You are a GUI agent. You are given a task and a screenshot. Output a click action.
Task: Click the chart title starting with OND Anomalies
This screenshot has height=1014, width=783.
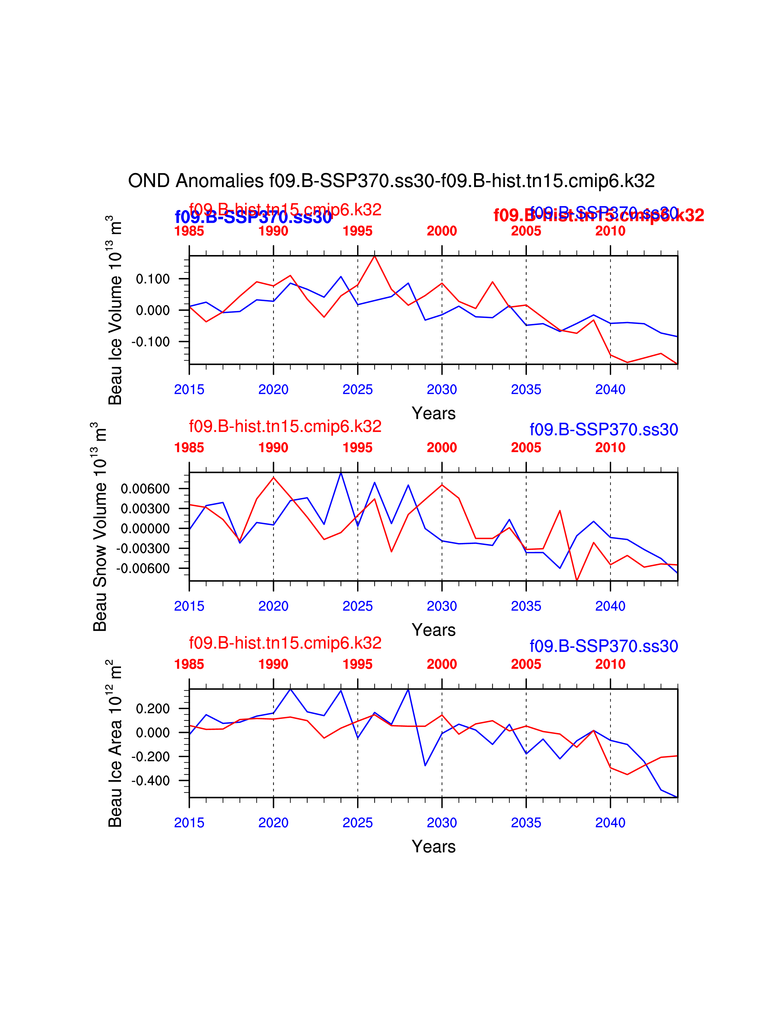pyautogui.click(x=391, y=181)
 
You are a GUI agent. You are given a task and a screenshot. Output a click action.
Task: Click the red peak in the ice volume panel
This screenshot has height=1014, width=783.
pyautogui.click(x=374, y=256)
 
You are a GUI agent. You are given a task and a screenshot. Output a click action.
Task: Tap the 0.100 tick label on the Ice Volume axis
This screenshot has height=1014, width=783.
pyautogui.click(x=153, y=279)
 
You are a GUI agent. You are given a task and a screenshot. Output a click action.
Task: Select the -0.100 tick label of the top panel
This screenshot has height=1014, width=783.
pyautogui.click(x=151, y=342)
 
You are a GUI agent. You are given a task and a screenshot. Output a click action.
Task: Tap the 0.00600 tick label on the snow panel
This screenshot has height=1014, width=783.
pyautogui.click(x=145, y=489)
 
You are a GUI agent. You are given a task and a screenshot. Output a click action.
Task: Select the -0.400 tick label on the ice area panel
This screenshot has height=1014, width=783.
pyautogui.click(x=151, y=781)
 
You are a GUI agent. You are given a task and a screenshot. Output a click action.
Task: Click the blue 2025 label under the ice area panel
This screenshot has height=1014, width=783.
pyautogui.click(x=358, y=823)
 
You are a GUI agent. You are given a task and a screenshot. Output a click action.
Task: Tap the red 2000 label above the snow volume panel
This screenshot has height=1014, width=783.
pyautogui.click(x=442, y=448)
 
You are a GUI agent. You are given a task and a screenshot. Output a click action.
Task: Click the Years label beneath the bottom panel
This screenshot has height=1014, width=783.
pyautogui.click(x=434, y=847)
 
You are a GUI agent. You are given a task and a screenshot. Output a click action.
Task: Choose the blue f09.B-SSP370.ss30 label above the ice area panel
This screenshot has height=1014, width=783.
pyautogui.click(x=603, y=646)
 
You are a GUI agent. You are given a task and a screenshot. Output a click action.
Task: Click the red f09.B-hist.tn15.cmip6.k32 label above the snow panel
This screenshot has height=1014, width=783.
pyautogui.click(x=285, y=426)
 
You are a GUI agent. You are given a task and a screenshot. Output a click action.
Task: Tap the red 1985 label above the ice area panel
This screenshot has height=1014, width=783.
pyautogui.click(x=189, y=664)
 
